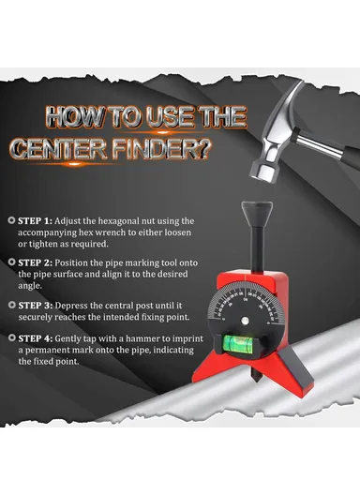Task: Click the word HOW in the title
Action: pyautogui.click(x=74, y=118)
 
